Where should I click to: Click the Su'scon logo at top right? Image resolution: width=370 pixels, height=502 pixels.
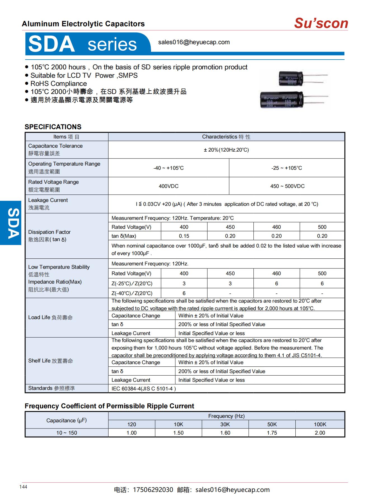(x=321, y=23)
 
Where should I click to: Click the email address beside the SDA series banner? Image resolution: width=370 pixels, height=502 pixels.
(x=194, y=42)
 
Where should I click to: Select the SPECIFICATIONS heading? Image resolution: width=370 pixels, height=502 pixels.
(x=53, y=127)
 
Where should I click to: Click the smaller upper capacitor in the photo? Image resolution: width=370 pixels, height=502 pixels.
(x=291, y=79)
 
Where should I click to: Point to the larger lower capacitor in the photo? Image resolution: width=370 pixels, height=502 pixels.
(x=281, y=100)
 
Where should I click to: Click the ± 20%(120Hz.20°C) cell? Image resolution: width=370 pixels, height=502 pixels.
(x=226, y=150)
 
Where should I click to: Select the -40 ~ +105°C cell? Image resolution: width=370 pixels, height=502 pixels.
(x=168, y=168)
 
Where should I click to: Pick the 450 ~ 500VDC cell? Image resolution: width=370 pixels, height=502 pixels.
(x=287, y=186)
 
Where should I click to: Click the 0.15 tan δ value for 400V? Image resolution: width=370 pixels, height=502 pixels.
(x=184, y=236)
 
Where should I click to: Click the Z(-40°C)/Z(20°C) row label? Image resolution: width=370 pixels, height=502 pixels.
(x=132, y=293)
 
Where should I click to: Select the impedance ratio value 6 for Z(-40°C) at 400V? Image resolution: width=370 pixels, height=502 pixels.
(x=184, y=293)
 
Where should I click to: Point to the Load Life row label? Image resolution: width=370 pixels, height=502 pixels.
(x=50, y=317)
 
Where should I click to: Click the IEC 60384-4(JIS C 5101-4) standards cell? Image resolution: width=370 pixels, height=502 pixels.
(x=144, y=389)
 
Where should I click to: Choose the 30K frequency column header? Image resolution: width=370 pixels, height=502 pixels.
(x=225, y=424)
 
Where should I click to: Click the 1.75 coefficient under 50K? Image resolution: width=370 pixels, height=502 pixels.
(x=272, y=433)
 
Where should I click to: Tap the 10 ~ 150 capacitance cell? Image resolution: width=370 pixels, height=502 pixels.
(x=67, y=433)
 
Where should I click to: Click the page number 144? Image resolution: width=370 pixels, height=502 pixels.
(x=23, y=487)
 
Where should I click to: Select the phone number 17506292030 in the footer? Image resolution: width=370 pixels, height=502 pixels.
(x=153, y=490)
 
